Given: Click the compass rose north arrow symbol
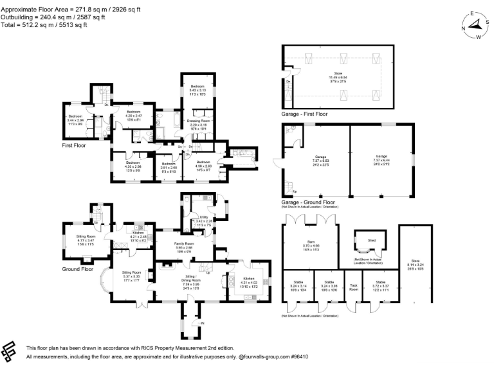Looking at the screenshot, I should click(475, 25).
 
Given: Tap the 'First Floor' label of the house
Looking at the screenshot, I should click(75, 146).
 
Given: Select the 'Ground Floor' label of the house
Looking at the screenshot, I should click(78, 269).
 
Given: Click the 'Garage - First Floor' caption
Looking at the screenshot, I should click(304, 114).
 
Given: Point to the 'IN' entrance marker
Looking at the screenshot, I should click(202, 323).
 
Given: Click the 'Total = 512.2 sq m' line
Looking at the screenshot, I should click(43, 25).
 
